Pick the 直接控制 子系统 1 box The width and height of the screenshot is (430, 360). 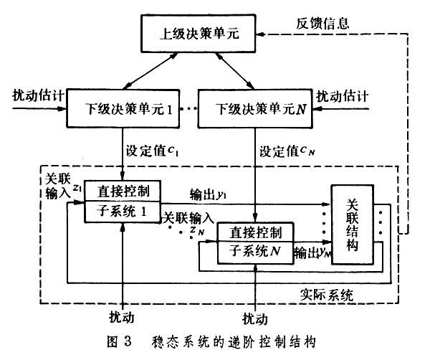(123, 202)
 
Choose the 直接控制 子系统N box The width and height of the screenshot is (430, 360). (255, 242)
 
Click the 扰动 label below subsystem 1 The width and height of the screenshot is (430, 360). (123, 316)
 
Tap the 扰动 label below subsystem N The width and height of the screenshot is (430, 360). (255, 316)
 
